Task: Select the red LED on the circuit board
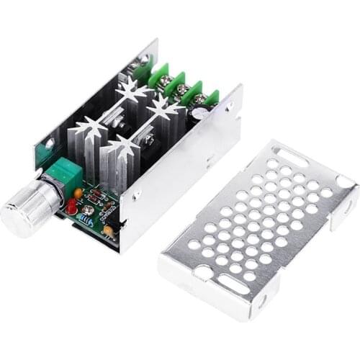(x=72, y=209)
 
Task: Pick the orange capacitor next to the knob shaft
(x=78, y=193)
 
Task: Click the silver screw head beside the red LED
(x=87, y=210)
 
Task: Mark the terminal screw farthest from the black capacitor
(x=139, y=70)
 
